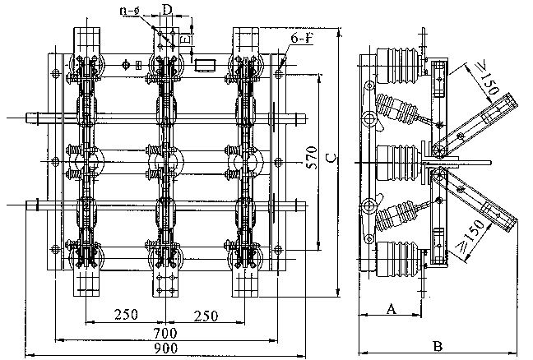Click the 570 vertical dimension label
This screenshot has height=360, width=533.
click(x=312, y=157)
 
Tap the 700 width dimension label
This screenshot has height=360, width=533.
click(x=165, y=333)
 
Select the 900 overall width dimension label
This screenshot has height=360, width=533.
click(x=165, y=348)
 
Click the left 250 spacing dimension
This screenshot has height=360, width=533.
click(x=126, y=315)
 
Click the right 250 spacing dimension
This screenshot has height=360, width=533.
click(x=206, y=316)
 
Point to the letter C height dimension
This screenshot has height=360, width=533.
click(x=331, y=158)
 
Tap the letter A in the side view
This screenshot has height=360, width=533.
click(x=392, y=309)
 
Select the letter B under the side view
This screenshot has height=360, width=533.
click(x=438, y=346)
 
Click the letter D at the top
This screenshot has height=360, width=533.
click(x=166, y=10)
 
